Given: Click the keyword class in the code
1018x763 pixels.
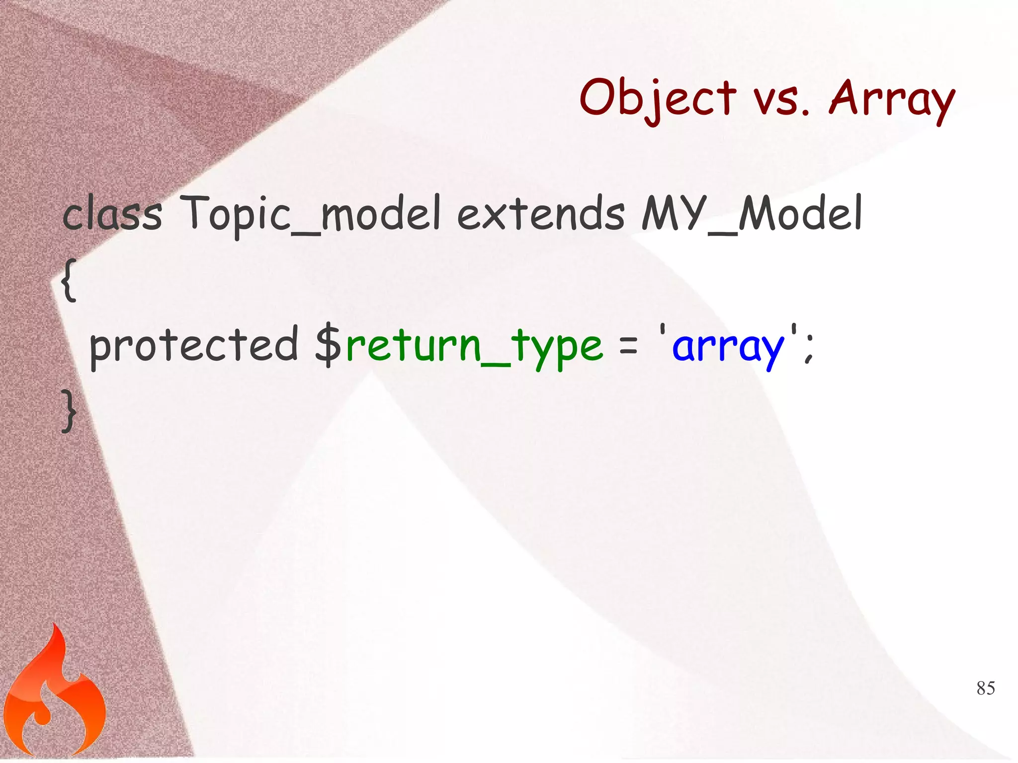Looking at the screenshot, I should tap(112, 215).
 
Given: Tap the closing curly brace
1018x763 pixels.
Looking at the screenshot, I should tap(69, 410).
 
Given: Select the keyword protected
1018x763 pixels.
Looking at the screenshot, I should tap(194, 345).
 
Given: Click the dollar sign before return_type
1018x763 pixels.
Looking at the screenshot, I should tap(328, 345).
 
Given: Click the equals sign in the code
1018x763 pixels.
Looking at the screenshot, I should tap(628, 346).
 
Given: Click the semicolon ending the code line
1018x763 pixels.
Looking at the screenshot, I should tap(808, 348).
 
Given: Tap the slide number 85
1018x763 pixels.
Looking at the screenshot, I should tap(986, 688).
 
